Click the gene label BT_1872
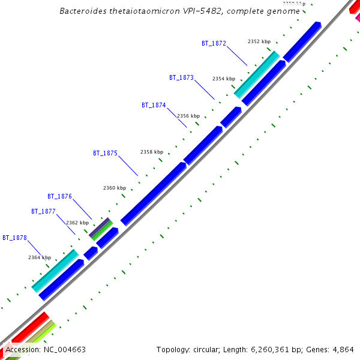(x=214, y=43)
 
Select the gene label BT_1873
(x=181, y=77)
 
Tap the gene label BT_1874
(x=154, y=105)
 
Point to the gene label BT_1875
(x=105, y=153)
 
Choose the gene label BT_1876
(x=59, y=196)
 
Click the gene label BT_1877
(x=43, y=211)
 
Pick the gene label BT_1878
(x=14, y=238)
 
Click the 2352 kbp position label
(x=259, y=41)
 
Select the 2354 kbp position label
(x=224, y=79)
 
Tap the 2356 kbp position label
(x=188, y=116)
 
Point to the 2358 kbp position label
(x=152, y=152)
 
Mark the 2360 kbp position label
(x=115, y=188)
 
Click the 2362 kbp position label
(x=77, y=223)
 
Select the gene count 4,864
(x=344, y=349)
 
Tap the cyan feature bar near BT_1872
(x=257, y=74)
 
